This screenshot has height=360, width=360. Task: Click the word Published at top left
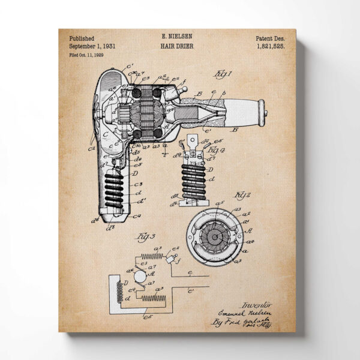(82, 37)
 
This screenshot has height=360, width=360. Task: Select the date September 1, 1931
(92, 46)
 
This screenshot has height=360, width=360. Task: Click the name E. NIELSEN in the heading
(177, 37)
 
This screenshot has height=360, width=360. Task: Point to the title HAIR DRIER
(177, 46)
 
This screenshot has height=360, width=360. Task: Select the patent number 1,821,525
(271, 46)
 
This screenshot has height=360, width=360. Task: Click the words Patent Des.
(270, 37)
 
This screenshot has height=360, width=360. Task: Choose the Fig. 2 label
(242, 195)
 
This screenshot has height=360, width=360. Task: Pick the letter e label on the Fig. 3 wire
(189, 272)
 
